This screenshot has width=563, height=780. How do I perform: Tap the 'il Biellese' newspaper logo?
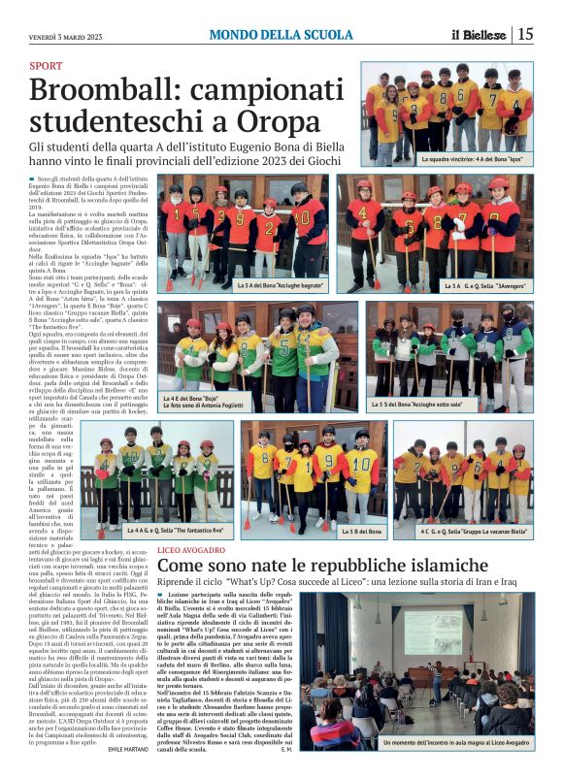[x=480, y=35]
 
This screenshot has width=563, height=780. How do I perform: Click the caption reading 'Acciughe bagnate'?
[x=281, y=285]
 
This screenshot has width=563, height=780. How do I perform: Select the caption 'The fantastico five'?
[x=175, y=531]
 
